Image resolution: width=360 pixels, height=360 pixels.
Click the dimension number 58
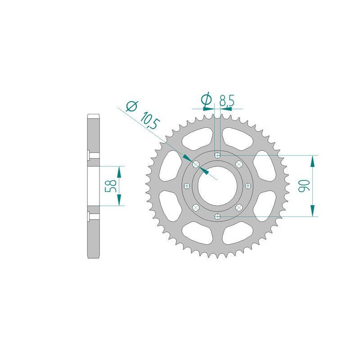(x=112, y=186)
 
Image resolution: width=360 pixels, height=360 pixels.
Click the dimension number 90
(x=305, y=186)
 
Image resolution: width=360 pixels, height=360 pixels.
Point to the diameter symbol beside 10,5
(x=131, y=106)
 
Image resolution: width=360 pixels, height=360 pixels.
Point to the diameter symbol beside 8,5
(x=207, y=100)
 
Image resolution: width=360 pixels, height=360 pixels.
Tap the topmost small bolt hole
(x=218, y=155)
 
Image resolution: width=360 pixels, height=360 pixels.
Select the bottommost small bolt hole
(x=218, y=216)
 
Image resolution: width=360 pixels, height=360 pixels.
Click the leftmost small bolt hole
(x=187, y=185)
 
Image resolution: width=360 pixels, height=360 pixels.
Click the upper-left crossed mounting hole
(x=196, y=164)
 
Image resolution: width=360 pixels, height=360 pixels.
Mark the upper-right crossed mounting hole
(x=239, y=164)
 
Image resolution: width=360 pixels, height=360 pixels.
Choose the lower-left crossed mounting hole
(x=196, y=207)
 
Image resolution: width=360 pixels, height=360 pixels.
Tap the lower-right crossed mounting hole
(x=239, y=207)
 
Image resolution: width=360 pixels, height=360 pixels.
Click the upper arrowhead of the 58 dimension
(x=119, y=171)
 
